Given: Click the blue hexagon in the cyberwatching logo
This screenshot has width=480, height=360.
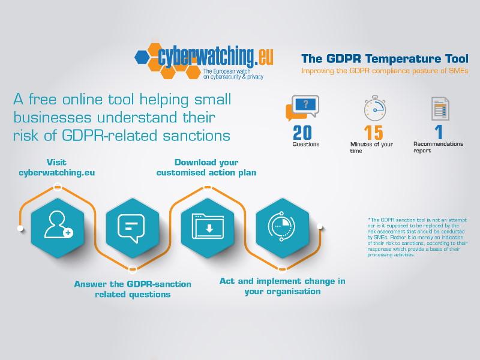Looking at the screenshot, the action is click(x=142, y=57).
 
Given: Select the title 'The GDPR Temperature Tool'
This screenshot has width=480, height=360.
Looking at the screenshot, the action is click(x=385, y=58).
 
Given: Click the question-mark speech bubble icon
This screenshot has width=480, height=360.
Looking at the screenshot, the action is click(x=302, y=108).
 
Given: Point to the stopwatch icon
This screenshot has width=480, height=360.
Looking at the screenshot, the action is click(x=374, y=108).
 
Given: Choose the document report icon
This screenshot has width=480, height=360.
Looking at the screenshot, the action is click(x=440, y=109).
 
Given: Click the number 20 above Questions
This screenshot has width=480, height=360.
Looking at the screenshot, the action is click(x=302, y=133).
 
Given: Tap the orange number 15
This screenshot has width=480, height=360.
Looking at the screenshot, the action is click(x=373, y=133).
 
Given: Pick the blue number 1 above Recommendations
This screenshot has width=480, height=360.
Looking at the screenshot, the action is click(x=439, y=132).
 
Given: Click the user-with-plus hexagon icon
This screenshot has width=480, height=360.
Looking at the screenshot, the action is click(x=58, y=228).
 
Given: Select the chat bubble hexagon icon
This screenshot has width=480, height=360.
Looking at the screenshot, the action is click(x=133, y=228).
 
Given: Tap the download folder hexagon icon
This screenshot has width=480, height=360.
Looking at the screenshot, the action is click(x=208, y=228).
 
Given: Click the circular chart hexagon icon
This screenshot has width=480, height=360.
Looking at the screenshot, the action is click(x=282, y=228).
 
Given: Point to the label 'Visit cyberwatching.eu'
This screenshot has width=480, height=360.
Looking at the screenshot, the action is click(x=56, y=167).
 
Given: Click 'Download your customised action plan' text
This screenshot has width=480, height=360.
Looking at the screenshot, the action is click(x=206, y=167).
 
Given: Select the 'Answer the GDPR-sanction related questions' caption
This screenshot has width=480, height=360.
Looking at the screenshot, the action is click(x=133, y=289).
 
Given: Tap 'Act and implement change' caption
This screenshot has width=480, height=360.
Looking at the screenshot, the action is click(x=282, y=286).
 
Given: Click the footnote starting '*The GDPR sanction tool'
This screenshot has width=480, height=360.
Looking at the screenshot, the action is click(x=418, y=237).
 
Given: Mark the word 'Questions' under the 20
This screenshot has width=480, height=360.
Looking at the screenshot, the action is click(x=306, y=144).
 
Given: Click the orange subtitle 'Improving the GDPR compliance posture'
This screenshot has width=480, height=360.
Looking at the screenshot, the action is click(x=385, y=71).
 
